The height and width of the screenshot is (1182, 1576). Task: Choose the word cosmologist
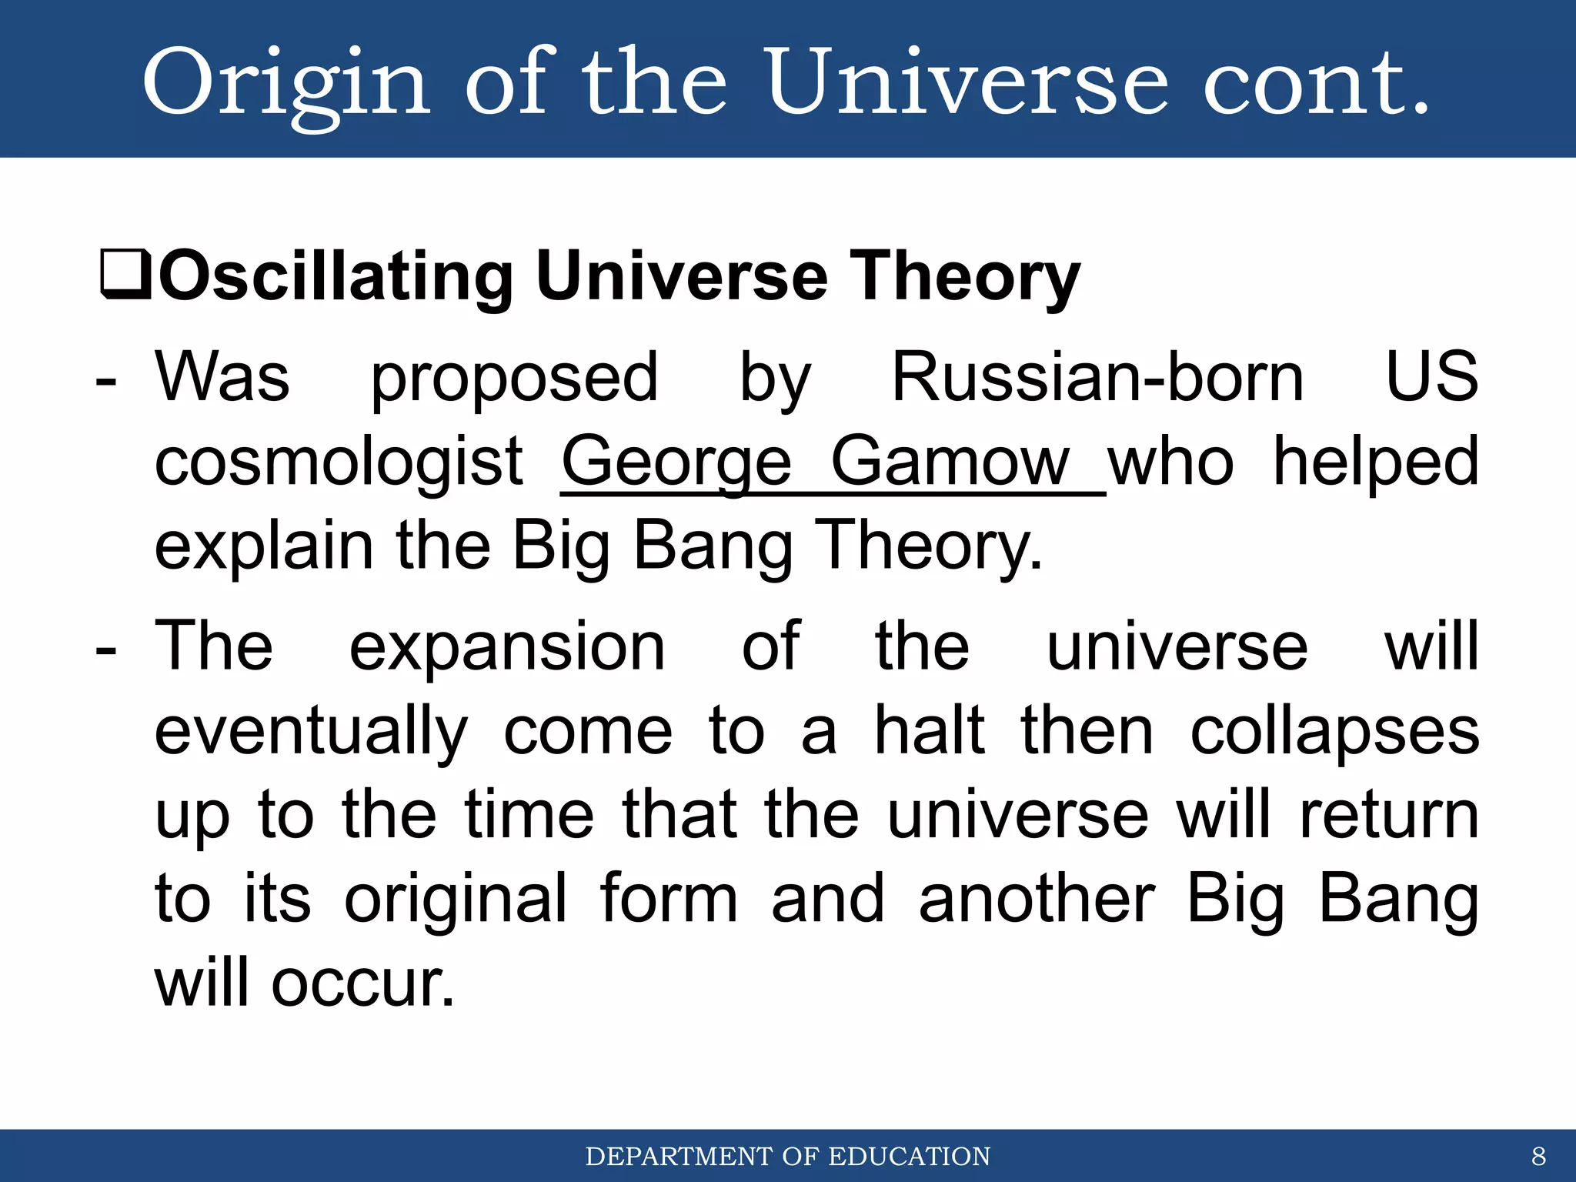click(339, 463)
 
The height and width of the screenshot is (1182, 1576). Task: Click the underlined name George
click(677, 463)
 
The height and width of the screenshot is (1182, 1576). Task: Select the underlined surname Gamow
click(950, 463)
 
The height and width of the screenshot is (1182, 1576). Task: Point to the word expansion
click(507, 648)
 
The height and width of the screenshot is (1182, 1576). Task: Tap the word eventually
click(311, 733)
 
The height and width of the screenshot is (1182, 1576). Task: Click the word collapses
click(1334, 733)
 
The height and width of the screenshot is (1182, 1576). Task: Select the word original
click(456, 900)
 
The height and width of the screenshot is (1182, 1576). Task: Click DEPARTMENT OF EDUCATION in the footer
click(788, 1157)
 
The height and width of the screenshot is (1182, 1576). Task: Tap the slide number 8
click(1538, 1157)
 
